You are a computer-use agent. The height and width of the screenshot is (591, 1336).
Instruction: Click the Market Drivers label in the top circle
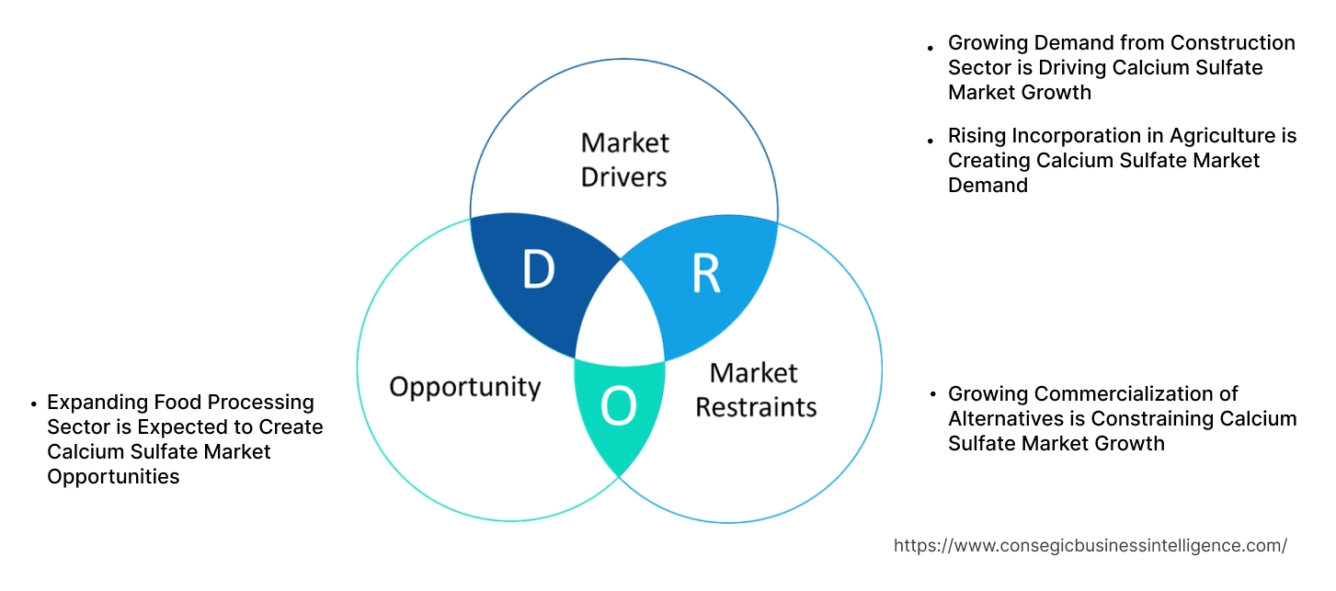coord(624,159)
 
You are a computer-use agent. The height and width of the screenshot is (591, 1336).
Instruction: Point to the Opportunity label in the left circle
coord(464,386)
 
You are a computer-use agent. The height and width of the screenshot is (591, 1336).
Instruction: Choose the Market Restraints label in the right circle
coord(755,390)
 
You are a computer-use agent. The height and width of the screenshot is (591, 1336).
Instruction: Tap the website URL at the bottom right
coord(1090,545)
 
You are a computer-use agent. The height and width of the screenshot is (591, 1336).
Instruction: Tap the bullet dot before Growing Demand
coord(931,46)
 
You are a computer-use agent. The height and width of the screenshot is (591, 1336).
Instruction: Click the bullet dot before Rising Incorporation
coord(931,139)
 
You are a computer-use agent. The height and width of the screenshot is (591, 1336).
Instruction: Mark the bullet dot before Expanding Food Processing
coord(32,404)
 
